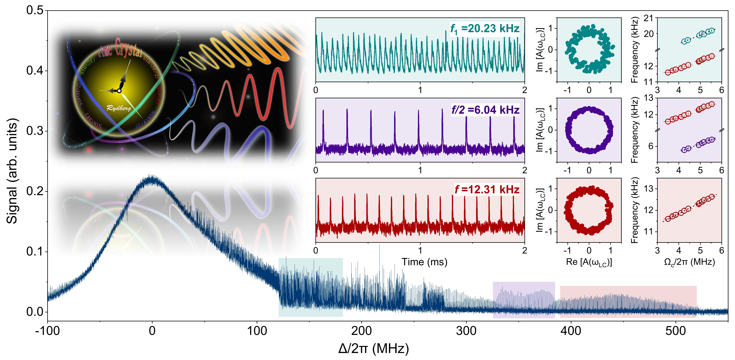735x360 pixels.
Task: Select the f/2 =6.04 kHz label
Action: (x=485, y=110)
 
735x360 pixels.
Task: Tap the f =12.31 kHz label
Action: (x=487, y=189)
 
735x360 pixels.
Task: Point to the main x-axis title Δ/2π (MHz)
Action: (x=373, y=348)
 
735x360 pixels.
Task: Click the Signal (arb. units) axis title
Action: (x=12, y=171)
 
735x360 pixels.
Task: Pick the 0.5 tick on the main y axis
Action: (x=35, y=10)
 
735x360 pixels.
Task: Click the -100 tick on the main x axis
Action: (x=47, y=331)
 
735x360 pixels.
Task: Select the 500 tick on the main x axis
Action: (x=675, y=331)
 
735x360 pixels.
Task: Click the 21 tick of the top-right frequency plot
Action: (x=648, y=18)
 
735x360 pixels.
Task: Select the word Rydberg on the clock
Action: (x=119, y=108)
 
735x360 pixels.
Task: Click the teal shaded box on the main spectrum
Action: (x=310, y=287)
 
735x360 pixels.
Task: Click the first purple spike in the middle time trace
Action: (x=323, y=111)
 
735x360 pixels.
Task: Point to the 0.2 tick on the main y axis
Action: (x=35, y=191)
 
